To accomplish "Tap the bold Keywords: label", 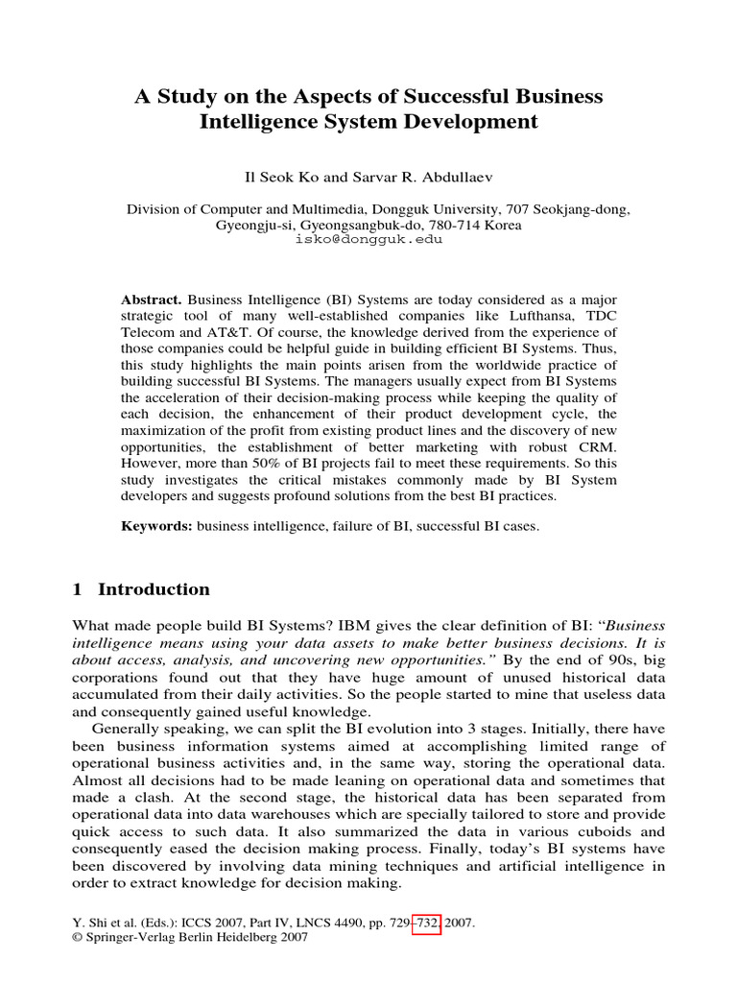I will click(157, 527).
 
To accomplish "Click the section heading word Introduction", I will click(154, 589).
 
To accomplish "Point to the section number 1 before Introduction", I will click(78, 589).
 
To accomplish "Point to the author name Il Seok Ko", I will click(283, 179).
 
